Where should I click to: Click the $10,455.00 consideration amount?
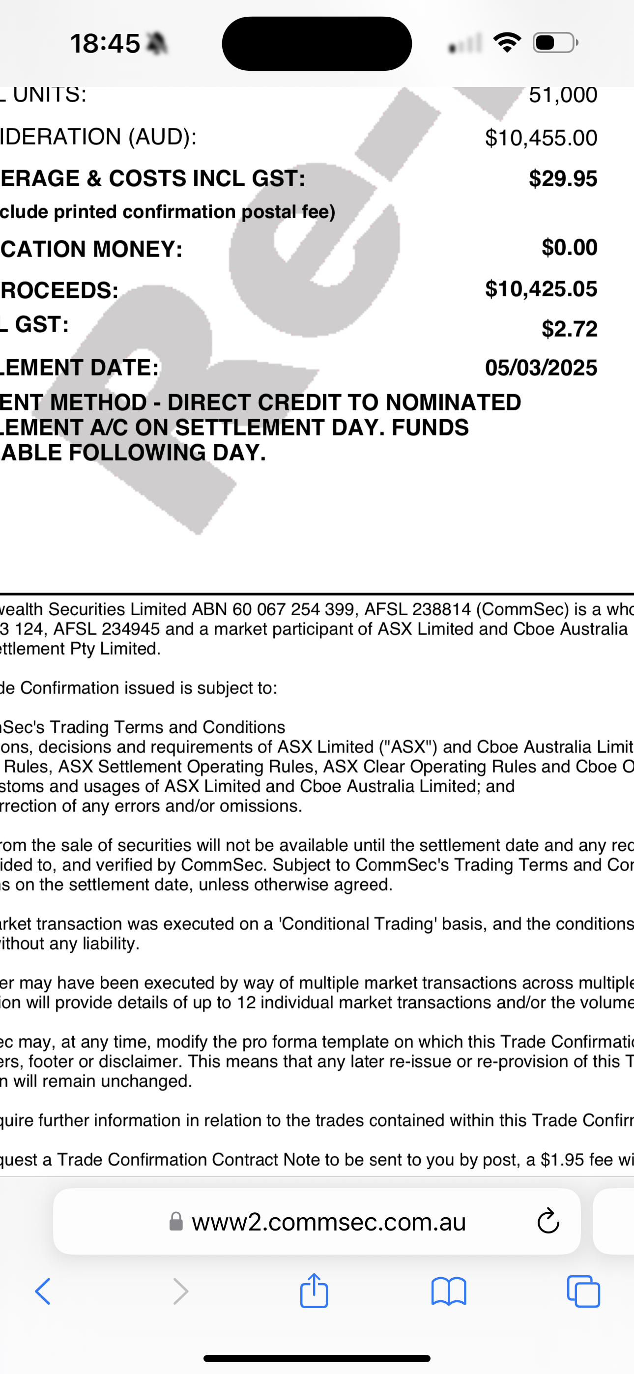click(x=541, y=138)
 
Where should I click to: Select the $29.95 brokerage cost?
click(x=562, y=179)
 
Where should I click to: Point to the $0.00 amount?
click(x=569, y=248)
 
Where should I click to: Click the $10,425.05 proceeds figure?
click(x=541, y=289)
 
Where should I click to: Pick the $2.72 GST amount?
click(x=569, y=329)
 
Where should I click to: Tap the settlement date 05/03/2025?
click(x=541, y=368)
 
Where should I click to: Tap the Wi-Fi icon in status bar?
click(x=507, y=43)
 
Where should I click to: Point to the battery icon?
click(x=555, y=43)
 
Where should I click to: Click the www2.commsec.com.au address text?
click(x=329, y=1222)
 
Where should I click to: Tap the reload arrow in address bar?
click(x=548, y=1222)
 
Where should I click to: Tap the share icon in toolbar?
click(x=314, y=1291)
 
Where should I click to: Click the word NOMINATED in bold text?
click(x=453, y=402)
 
